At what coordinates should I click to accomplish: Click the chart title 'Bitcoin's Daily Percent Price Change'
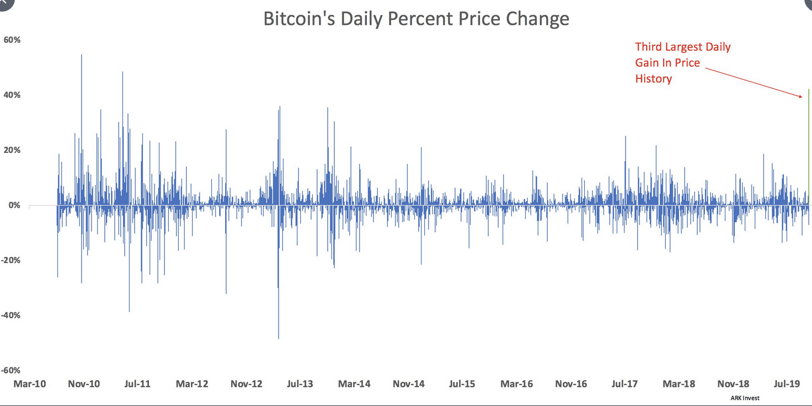tap(416, 19)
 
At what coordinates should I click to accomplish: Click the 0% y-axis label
tap(13, 206)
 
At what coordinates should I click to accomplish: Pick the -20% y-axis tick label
tap(10, 261)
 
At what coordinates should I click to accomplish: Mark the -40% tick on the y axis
tap(10, 316)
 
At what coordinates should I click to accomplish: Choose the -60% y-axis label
tap(10, 371)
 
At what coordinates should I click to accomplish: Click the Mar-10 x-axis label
tap(29, 384)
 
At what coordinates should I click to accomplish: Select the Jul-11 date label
tap(137, 384)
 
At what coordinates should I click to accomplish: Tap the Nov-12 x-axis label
tap(246, 384)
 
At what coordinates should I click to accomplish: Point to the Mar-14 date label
tap(354, 384)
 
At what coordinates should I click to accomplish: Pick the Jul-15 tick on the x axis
tap(462, 384)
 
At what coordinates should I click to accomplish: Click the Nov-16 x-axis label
tap(571, 384)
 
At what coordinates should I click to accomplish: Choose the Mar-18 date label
tap(679, 384)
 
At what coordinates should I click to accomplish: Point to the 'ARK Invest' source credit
tap(745, 398)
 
